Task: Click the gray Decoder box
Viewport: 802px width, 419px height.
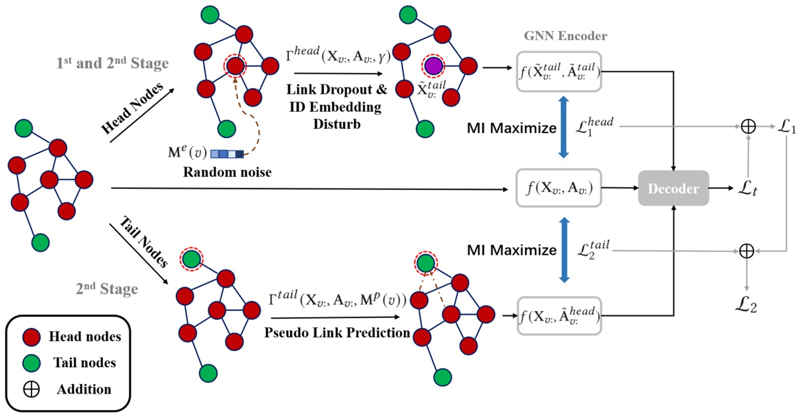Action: click(673, 188)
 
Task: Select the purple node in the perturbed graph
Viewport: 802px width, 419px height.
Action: click(433, 66)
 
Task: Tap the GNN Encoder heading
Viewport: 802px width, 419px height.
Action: click(566, 36)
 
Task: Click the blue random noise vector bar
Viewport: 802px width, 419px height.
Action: click(227, 154)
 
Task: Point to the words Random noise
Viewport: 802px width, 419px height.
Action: click(227, 172)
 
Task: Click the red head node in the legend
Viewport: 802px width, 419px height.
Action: click(31, 337)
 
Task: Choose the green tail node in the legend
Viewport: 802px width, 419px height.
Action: click(31, 363)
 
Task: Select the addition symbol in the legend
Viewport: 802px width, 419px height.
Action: click(31, 389)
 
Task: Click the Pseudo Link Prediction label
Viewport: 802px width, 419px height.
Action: click(337, 333)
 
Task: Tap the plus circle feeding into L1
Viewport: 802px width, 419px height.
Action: click(748, 126)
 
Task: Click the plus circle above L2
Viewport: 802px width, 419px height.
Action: click(747, 251)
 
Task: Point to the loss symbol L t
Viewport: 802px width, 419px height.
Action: click(748, 188)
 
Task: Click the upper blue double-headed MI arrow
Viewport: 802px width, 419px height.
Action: click(564, 127)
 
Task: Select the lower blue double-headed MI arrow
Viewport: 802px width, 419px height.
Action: click(564, 250)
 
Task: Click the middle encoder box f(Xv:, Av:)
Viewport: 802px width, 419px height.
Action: click(559, 188)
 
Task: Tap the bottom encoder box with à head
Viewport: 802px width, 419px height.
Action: click(559, 316)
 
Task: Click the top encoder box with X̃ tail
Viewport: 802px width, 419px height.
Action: click(559, 71)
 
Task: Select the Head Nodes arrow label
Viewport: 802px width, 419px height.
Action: click(132, 108)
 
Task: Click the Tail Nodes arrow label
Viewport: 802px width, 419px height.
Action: click(143, 242)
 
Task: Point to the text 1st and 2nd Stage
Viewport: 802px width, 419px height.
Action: click(113, 63)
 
